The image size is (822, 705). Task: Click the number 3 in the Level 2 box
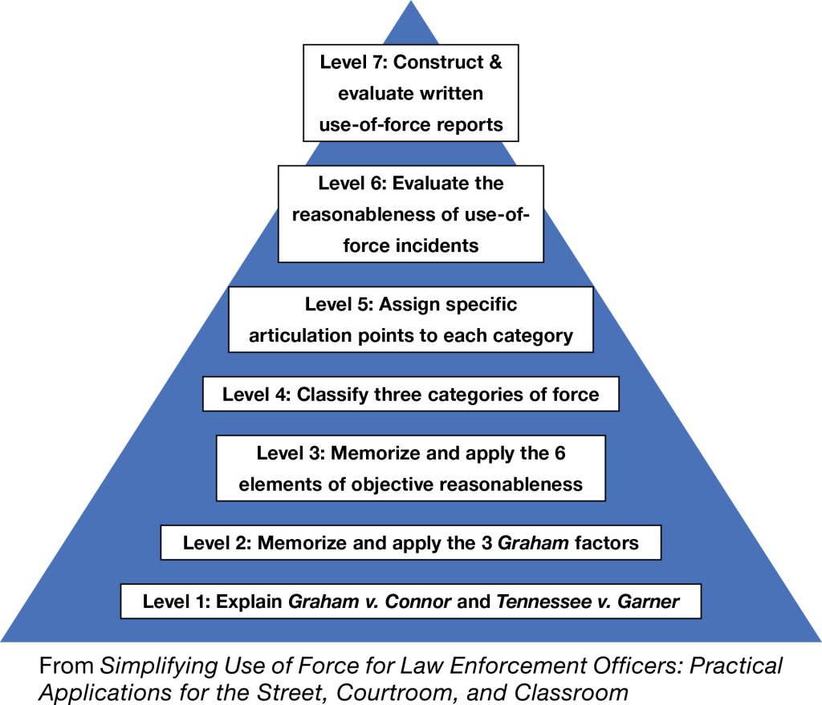(x=488, y=543)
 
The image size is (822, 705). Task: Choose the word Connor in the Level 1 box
(x=417, y=602)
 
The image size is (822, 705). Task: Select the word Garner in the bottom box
(x=650, y=602)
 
